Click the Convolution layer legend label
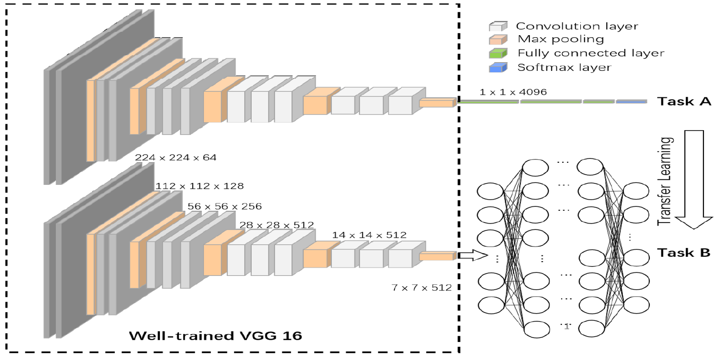coord(577,26)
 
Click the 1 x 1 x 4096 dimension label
coord(513,91)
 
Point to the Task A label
coord(683,102)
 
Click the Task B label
coord(683,253)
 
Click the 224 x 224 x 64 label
coord(176,157)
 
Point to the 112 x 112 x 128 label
coord(199,186)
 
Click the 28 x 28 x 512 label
coord(276,225)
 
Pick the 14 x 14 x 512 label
coord(369,235)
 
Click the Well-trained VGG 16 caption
coord(215,336)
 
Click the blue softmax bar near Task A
coord(631,102)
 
